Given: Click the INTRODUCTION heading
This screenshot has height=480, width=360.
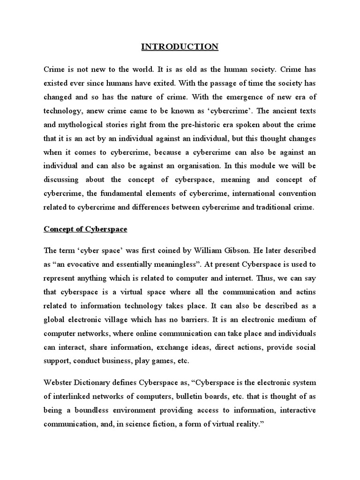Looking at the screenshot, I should pyautogui.click(x=180, y=46).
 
